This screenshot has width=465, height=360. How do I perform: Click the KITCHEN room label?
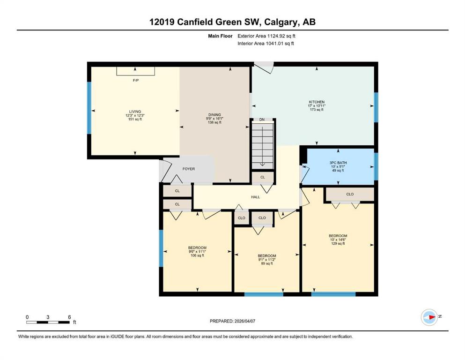[x=317, y=102]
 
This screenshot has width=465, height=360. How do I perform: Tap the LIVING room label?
[x=135, y=112]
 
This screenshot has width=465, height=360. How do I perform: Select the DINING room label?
[x=214, y=115]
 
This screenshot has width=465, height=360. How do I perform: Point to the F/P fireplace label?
[x=135, y=81]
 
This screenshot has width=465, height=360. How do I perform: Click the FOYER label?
[x=189, y=169]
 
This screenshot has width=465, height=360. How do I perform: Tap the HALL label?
[x=255, y=197]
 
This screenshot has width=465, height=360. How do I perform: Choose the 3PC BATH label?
[x=338, y=163]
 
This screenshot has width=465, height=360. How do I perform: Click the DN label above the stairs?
[x=262, y=120]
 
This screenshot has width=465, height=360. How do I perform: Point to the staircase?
[x=262, y=145]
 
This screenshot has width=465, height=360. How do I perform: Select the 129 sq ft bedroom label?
[x=338, y=240]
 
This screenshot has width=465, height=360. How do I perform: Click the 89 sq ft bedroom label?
[x=267, y=259]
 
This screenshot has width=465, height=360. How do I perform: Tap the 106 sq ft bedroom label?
[x=197, y=251]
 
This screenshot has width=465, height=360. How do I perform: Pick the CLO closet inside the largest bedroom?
[x=350, y=194]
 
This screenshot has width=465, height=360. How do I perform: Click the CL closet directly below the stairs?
[x=262, y=178]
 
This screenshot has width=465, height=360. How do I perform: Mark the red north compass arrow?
[x=432, y=317]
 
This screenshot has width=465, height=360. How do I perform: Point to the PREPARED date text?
[x=232, y=321]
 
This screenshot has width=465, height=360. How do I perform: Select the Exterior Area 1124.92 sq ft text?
[x=266, y=36]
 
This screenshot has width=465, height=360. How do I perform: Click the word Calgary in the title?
[x=280, y=22]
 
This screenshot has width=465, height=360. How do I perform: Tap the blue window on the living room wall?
[x=89, y=108]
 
